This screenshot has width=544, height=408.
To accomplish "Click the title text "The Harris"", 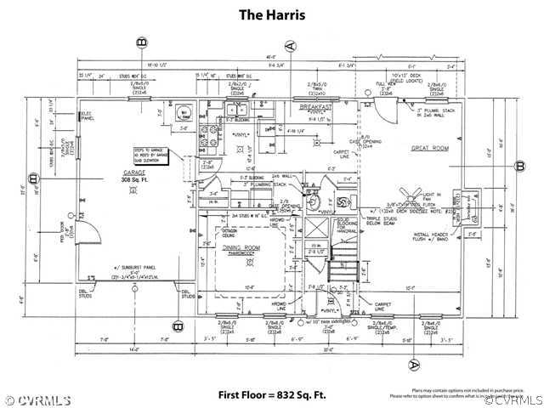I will (x=271, y=14).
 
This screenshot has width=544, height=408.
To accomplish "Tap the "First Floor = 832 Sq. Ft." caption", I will (x=273, y=394).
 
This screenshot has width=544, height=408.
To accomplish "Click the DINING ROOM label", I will (x=241, y=247).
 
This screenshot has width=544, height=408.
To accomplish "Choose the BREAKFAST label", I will (x=316, y=106).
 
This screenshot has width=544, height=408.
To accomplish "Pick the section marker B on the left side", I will (x=32, y=178).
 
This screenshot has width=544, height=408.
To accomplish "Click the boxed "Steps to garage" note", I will (x=150, y=155).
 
